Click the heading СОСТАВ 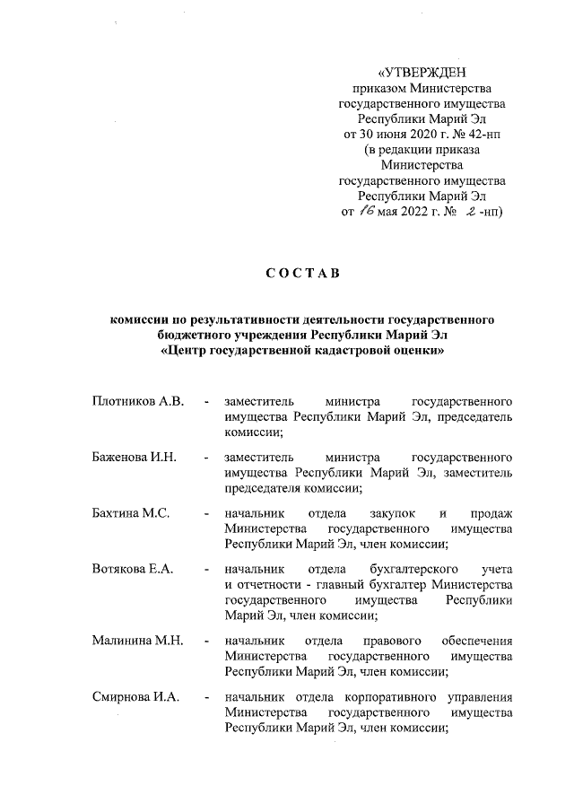[303, 274]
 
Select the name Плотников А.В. [137, 400]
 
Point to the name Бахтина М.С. [131, 514]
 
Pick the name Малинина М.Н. [137, 641]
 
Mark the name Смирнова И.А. [136, 697]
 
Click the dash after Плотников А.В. [207, 400]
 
